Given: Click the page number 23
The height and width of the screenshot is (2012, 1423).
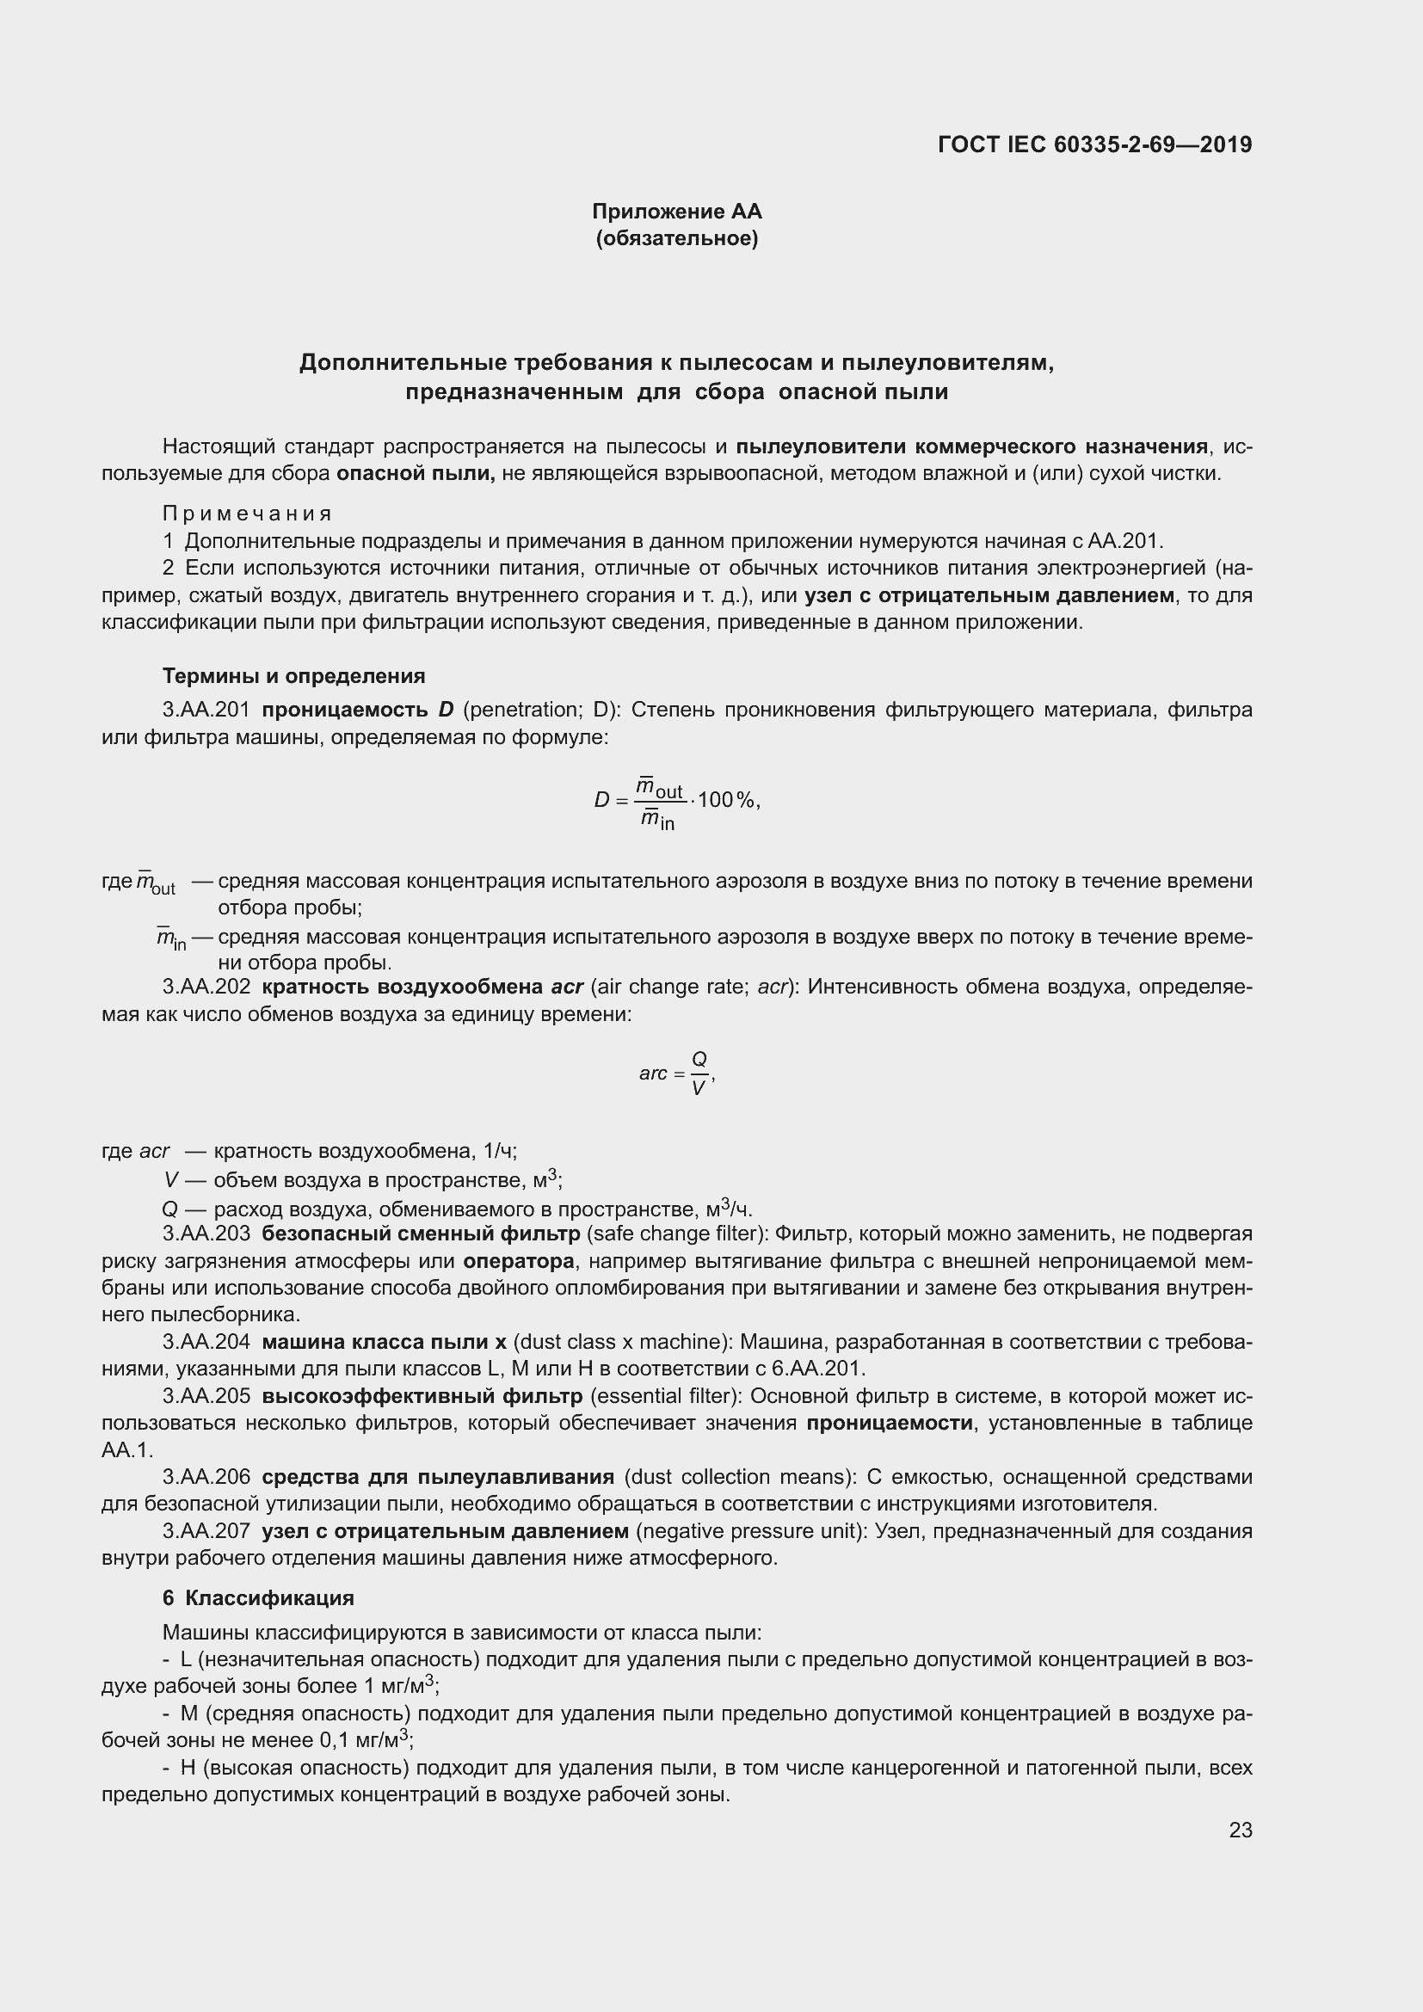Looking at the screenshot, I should (x=1240, y=1830).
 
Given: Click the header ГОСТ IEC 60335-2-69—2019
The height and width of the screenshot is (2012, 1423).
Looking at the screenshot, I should (x=1094, y=145).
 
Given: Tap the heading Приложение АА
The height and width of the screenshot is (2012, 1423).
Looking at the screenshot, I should (x=676, y=212).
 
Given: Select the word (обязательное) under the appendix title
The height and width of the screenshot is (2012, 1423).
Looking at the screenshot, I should (x=676, y=238).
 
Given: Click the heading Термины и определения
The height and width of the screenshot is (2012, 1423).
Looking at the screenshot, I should (x=293, y=675).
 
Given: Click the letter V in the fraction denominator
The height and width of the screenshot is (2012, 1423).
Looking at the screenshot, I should (x=699, y=1089).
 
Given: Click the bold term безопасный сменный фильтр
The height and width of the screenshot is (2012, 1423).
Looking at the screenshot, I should (x=421, y=1234).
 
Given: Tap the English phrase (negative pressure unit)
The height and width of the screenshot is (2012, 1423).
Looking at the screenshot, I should (x=750, y=1531).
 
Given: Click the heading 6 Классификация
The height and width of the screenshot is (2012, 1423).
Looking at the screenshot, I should (x=257, y=1597).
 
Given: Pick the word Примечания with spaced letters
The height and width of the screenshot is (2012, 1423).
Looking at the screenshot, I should (x=247, y=514).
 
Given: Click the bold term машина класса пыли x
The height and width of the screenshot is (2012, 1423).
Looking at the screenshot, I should (x=384, y=1342).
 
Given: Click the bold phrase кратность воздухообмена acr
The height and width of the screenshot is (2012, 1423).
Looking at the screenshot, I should (x=422, y=987).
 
